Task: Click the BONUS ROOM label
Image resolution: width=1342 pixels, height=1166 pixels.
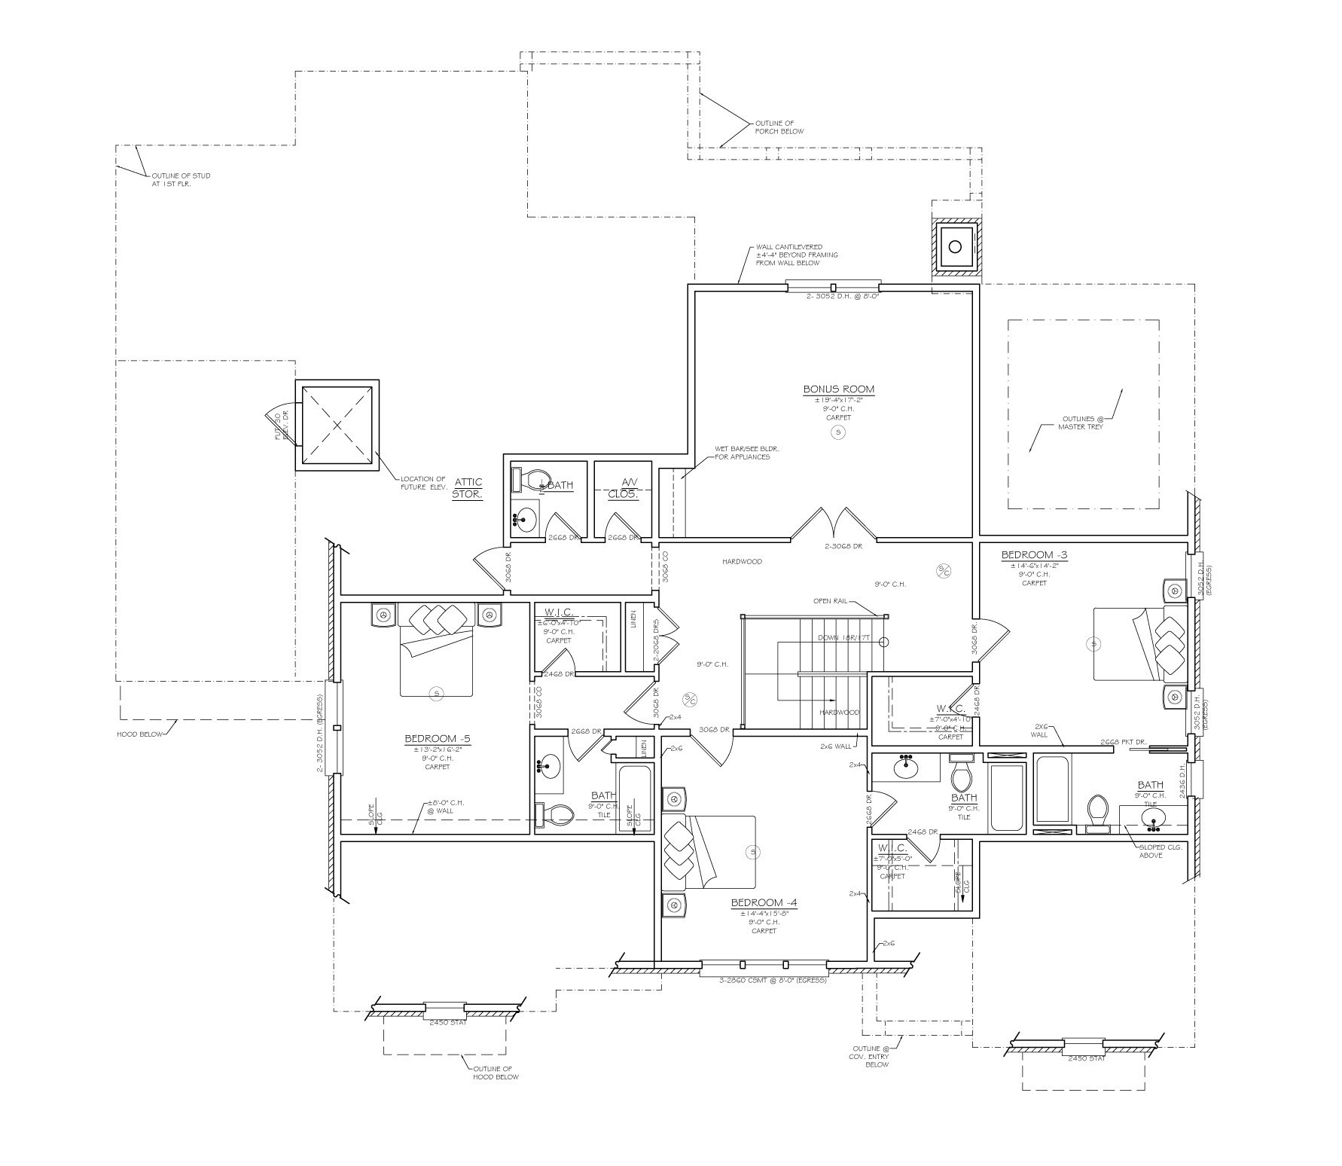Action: pyautogui.click(x=838, y=389)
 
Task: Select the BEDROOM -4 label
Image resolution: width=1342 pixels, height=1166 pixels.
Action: pyautogui.click(x=763, y=903)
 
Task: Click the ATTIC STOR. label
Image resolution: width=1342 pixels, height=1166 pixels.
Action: pyautogui.click(x=467, y=488)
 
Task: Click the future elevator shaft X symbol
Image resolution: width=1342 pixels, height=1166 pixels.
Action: pyautogui.click(x=337, y=426)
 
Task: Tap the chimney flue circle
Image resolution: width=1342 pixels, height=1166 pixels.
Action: pyautogui.click(x=955, y=246)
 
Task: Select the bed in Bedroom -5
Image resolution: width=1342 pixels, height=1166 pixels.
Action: pyautogui.click(x=436, y=649)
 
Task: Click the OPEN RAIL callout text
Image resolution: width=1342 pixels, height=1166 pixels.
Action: pyautogui.click(x=831, y=601)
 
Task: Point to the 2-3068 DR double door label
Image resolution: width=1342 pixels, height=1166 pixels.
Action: pyautogui.click(x=843, y=546)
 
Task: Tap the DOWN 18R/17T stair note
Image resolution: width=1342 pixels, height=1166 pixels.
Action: pyautogui.click(x=844, y=638)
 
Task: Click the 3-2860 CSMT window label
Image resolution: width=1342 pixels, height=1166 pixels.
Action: pyautogui.click(x=763, y=981)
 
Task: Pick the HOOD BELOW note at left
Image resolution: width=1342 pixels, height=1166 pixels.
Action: pyautogui.click(x=139, y=734)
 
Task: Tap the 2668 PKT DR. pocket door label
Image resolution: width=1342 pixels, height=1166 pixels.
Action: pyautogui.click(x=1123, y=742)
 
